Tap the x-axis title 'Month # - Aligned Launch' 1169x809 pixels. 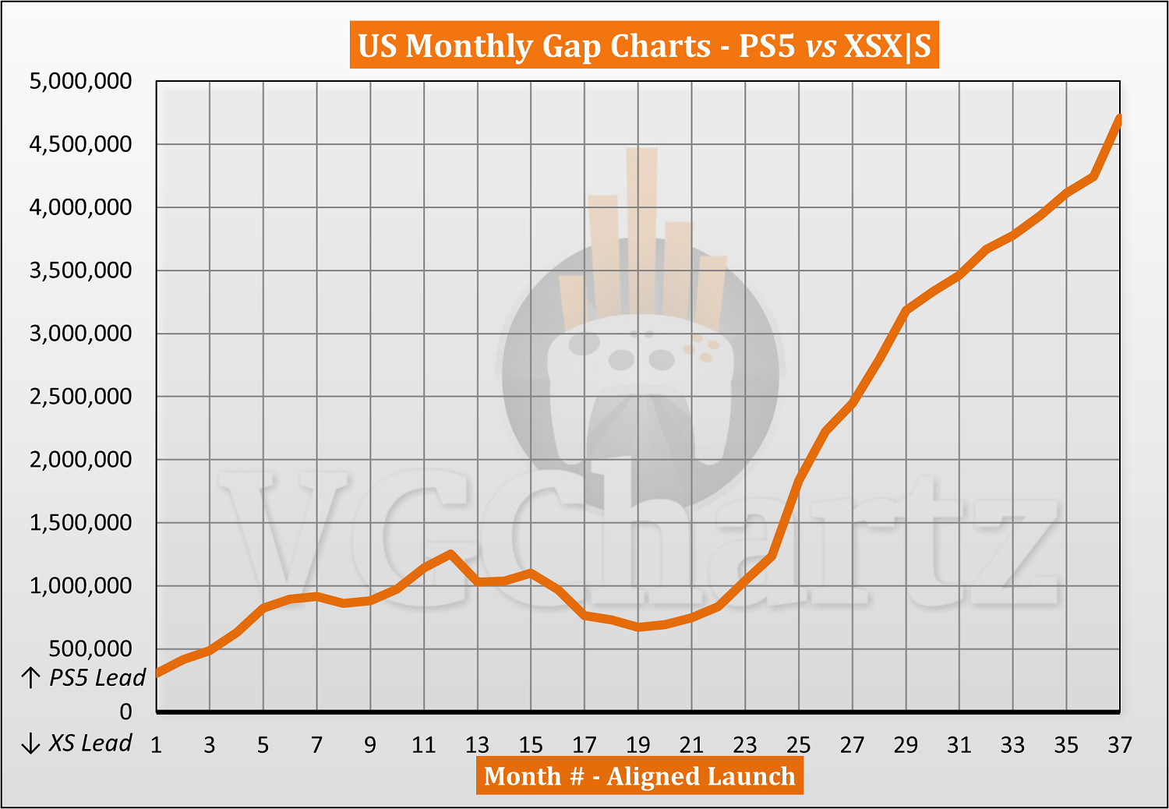pos(639,776)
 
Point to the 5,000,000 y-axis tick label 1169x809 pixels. pos(80,81)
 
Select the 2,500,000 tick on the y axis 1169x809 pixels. pos(80,397)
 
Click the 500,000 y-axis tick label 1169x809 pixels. pos(90,648)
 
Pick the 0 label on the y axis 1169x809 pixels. pos(125,712)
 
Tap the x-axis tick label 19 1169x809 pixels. pos(637,745)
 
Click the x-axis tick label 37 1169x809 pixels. pos(1119,745)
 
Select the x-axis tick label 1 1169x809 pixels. pos(156,745)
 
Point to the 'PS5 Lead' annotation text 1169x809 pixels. pos(97,678)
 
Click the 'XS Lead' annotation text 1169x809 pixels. pos(90,744)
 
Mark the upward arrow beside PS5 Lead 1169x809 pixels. pos(30,678)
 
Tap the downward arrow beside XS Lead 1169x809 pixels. pos(30,744)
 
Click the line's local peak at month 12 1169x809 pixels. pos(450,553)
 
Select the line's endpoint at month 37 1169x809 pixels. pos(1119,118)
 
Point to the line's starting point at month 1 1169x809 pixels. pos(157,673)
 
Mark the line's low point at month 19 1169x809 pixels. pos(638,627)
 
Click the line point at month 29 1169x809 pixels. pos(906,310)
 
